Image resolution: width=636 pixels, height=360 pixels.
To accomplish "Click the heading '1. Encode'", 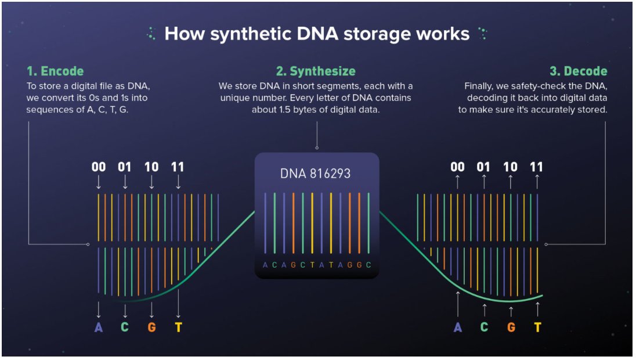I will coord(55,71).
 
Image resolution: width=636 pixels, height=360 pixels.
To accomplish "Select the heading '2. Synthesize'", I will coord(316,71).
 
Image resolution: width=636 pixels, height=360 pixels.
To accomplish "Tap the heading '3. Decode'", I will coord(578,71).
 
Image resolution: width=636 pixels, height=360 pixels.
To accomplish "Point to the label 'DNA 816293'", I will coord(315,174).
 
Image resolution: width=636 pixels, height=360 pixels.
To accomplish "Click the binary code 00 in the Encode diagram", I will coord(99,167).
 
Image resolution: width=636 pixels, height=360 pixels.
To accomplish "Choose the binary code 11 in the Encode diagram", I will coord(178,167).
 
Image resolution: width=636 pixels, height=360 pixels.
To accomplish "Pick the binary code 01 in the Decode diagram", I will coord(483,167).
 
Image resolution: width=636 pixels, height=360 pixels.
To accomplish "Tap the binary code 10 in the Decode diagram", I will coord(510,167).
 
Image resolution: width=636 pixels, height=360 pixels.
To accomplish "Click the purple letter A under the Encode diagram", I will coord(99,327).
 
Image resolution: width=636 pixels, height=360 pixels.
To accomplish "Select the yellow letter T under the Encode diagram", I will coord(178,327).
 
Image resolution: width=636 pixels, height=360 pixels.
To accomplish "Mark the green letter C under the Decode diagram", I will coord(484,327).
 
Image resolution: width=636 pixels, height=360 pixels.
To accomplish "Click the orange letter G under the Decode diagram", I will coord(511,327).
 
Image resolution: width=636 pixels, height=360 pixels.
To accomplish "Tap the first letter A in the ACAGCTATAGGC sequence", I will coord(265,265).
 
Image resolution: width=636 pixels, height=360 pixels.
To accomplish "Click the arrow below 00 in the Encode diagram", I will coord(99,182).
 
